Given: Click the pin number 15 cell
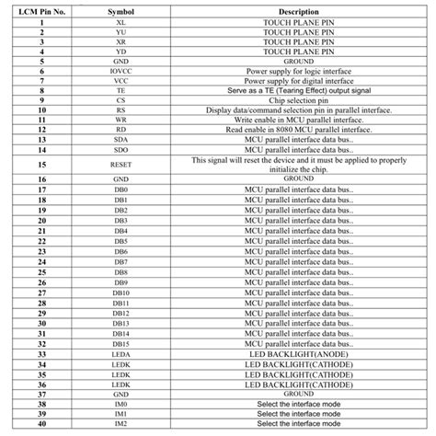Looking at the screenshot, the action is click(43, 164).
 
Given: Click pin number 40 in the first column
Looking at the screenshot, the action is click(43, 423).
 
